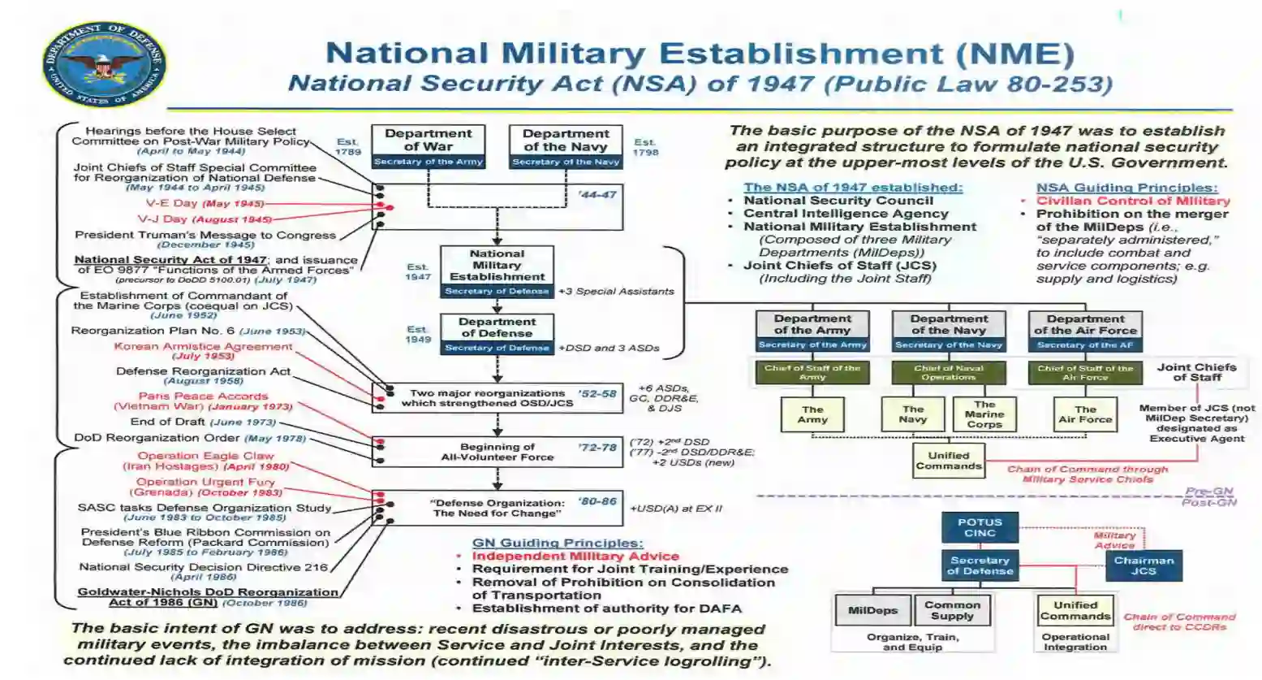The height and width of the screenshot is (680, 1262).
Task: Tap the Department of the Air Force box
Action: (1084, 331)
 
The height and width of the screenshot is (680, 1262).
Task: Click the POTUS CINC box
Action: (980, 527)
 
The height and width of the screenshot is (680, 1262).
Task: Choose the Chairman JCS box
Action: (1144, 565)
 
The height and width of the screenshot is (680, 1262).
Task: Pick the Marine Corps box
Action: (984, 414)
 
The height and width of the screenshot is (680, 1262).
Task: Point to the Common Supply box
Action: (952, 610)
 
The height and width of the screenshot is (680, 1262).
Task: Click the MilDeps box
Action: (872, 610)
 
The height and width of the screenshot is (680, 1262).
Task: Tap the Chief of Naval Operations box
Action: (948, 373)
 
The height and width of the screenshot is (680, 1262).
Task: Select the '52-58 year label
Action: (597, 394)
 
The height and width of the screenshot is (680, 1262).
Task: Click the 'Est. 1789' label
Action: (347, 147)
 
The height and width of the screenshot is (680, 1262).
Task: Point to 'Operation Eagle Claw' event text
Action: (205, 456)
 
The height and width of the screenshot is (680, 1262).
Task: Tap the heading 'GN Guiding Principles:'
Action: (558, 543)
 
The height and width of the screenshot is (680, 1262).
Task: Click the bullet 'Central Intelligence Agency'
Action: (846, 214)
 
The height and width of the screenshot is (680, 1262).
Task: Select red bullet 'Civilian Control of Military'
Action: (1133, 201)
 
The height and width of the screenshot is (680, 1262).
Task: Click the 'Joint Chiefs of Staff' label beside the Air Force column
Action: (1196, 372)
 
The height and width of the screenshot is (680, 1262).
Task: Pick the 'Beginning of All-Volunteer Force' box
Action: (497, 452)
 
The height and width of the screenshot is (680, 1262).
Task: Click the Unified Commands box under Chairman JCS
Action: (1075, 610)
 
